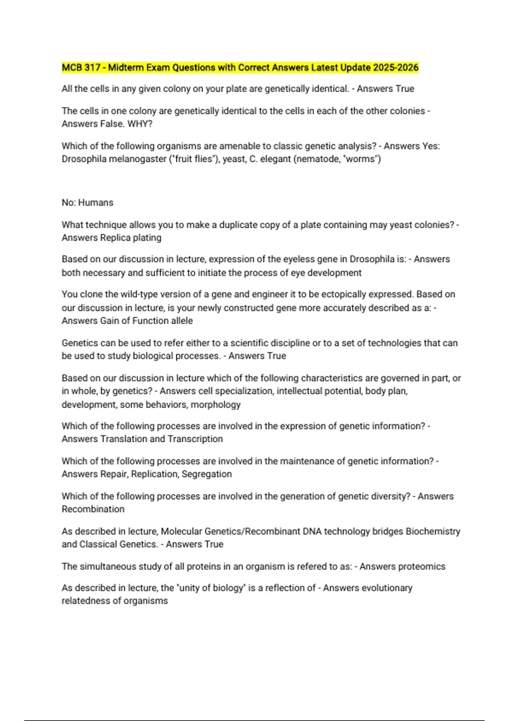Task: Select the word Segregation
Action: coord(207,474)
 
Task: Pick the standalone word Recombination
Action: coord(93,509)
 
